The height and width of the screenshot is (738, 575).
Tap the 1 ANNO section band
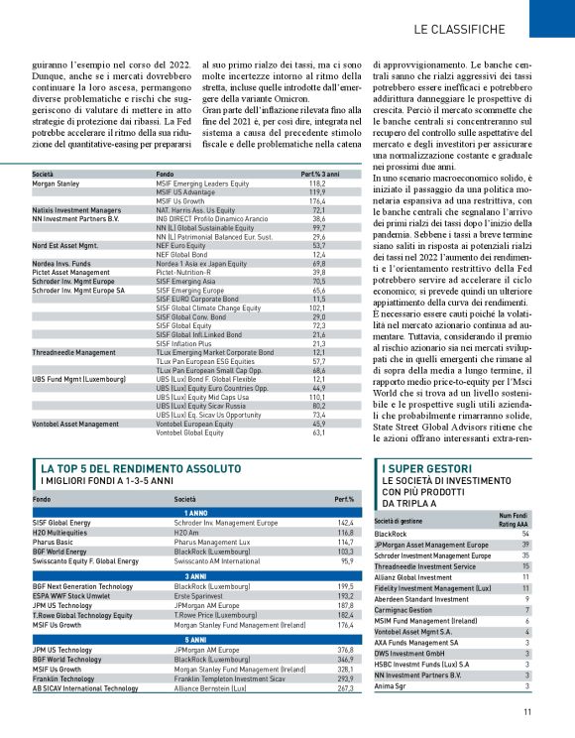point(194,511)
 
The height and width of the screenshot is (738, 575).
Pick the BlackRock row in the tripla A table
point(398,534)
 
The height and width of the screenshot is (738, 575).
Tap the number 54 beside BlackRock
point(524,534)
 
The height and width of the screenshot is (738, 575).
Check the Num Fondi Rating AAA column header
point(513,520)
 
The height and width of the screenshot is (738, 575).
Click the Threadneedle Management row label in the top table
point(73,351)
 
